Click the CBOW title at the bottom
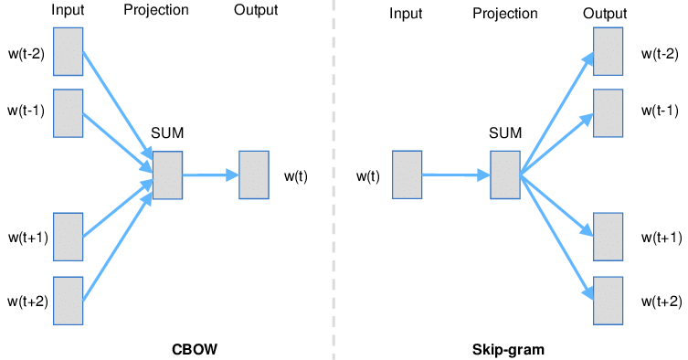tap(195, 349)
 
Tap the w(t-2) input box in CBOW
tap(69, 51)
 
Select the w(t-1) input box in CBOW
tap(69, 112)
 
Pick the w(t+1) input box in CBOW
tap(69, 238)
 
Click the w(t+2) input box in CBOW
tap(69, 301)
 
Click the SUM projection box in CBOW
tap(168, 175)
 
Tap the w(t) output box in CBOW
tap(253, 175)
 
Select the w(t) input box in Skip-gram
tap(407, 175)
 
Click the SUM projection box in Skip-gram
tap(504, 175)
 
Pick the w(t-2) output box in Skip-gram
tap(608, 51)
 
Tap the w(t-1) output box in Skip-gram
tap(608, 112)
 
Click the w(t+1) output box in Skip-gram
tap(608, 238)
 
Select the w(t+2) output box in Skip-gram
tap(608, 301)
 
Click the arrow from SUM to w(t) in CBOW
tap(210, 175)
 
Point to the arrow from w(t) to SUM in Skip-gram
tap(455, 175)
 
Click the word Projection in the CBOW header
tap(155, 11)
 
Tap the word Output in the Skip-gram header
tap(606, 14)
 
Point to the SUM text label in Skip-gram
tap(505, 133)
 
